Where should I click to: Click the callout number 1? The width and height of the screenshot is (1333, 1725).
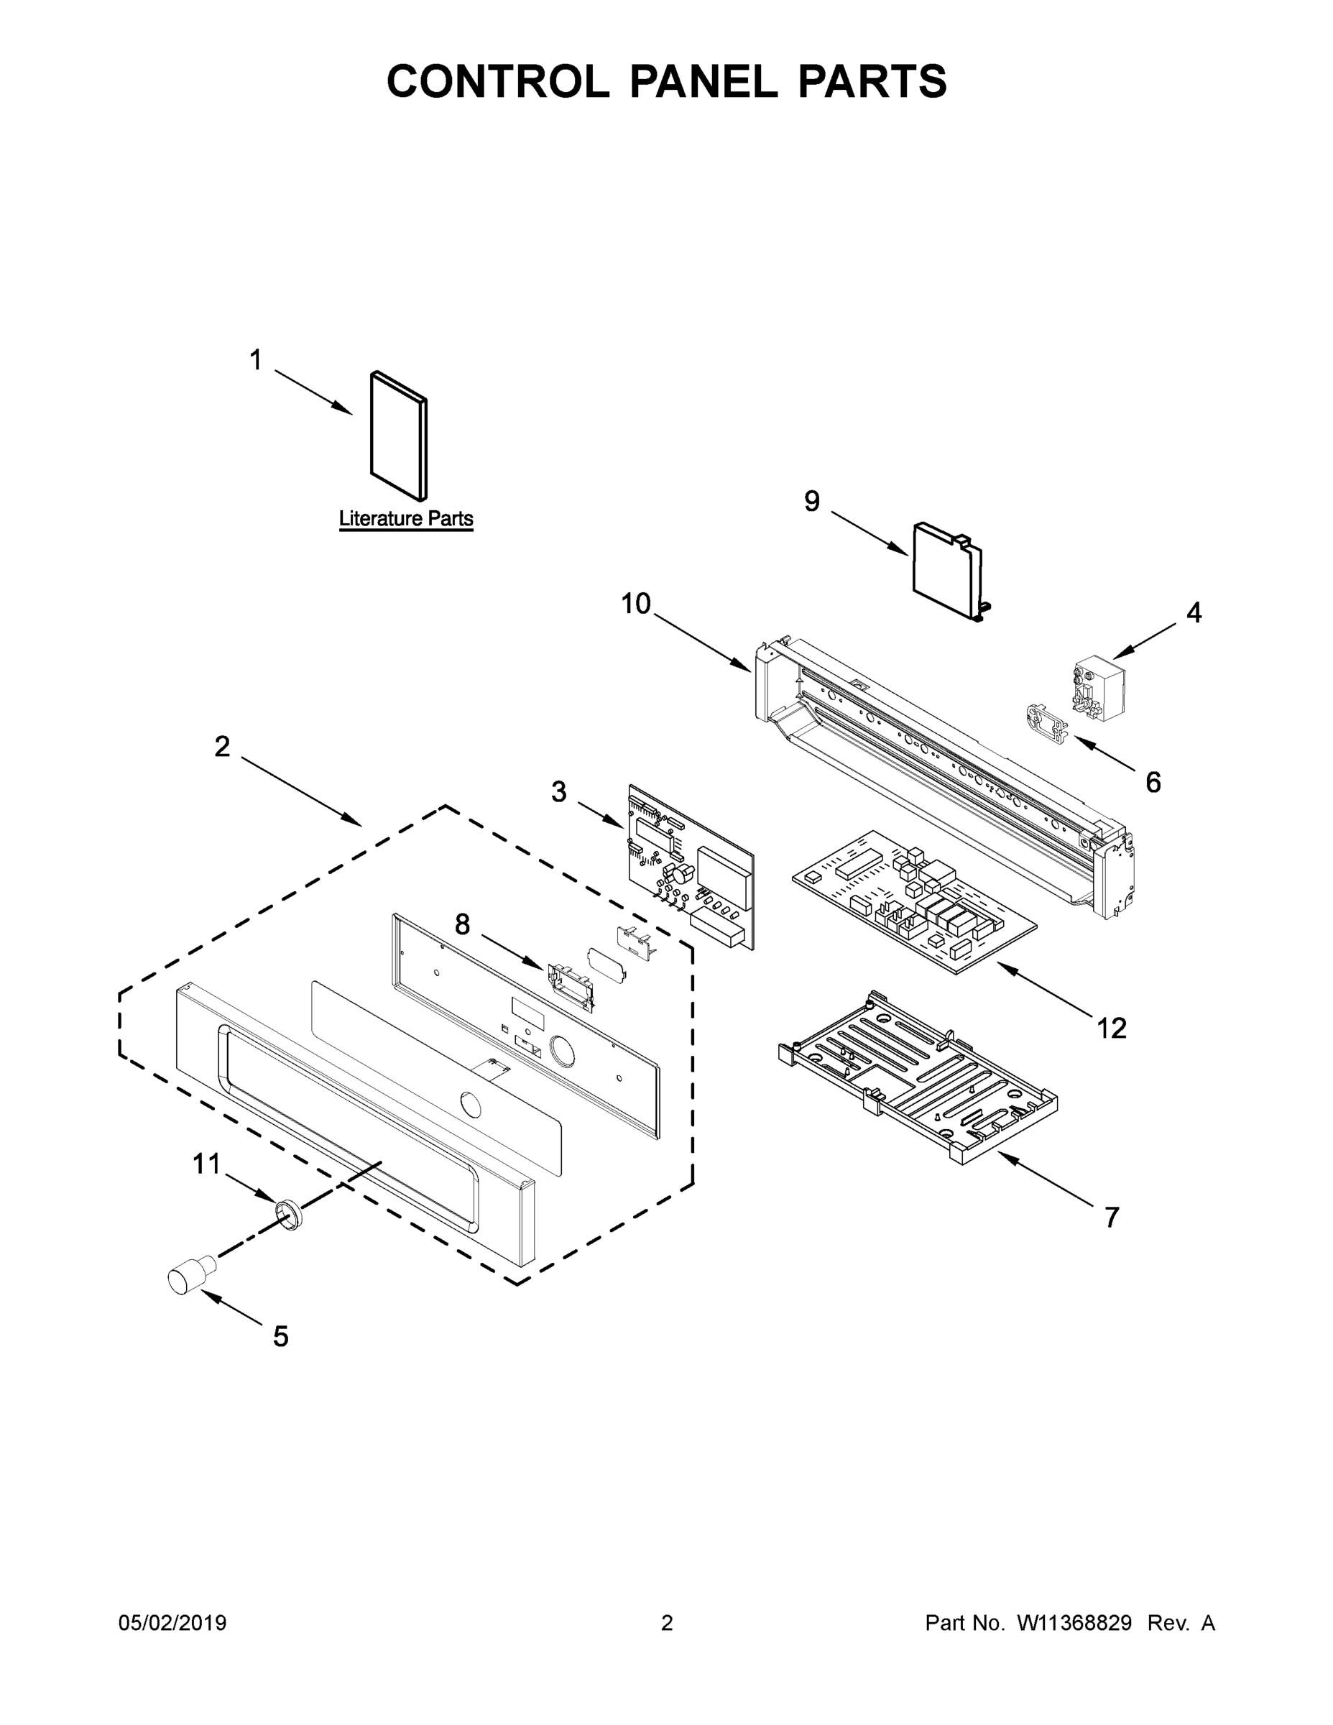255,360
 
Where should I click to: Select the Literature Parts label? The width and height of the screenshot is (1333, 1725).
406,519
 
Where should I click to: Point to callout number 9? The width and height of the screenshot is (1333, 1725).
812,501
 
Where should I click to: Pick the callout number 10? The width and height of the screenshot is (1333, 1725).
635,604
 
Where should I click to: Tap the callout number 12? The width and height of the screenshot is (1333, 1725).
1110,1028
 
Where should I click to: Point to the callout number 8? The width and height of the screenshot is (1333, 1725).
462,924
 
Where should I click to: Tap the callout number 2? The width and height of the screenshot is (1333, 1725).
222,746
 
